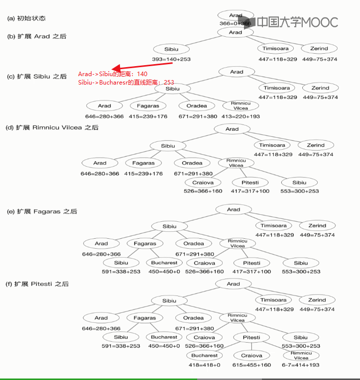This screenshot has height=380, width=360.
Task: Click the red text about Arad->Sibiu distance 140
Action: tap(113, 74)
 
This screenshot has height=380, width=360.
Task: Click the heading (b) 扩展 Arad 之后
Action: tap(36, 36)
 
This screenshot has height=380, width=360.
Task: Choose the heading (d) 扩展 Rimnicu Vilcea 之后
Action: tap(52, 127)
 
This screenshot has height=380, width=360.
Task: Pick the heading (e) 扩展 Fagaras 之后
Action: tap(42, 211)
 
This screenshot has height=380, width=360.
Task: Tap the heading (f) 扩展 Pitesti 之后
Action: tap(38, 284)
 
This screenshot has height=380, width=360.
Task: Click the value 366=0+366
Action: tap(235, 23)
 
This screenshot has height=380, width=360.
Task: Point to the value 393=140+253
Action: tap(171, 59)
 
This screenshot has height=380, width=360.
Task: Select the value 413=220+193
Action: tap(241, 116)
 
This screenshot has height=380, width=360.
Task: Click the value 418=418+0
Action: tap(204, 365)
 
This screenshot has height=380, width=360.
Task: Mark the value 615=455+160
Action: tap(251, 365)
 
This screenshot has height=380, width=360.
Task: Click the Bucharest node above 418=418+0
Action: tap(204, 356)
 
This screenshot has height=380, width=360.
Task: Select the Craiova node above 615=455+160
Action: tap(251, 356)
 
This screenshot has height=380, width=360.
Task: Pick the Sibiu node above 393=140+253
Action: tap(171, 49)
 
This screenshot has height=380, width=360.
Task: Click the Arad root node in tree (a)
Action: tap(236, 15)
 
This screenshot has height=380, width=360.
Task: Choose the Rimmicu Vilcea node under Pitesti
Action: tap(301, 356)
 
